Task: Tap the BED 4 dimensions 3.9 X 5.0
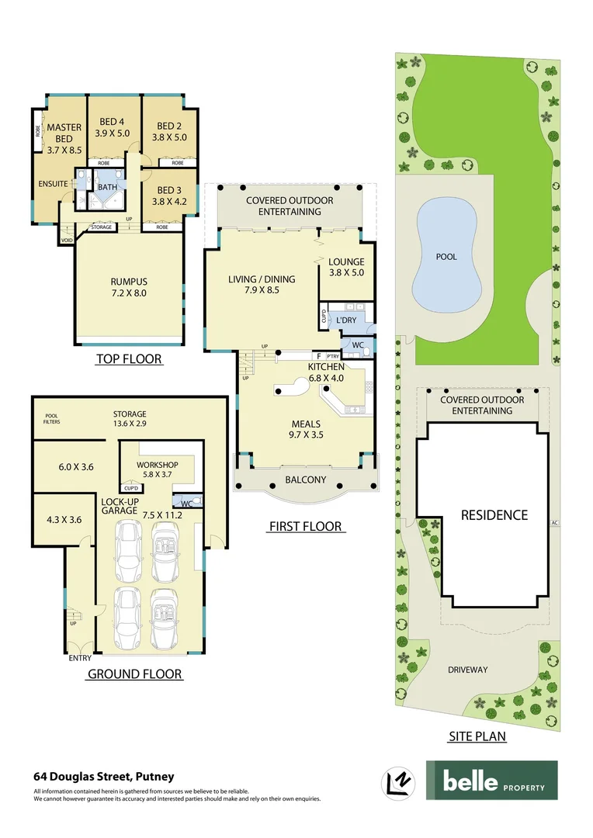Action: point(112,133)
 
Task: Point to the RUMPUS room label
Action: point(129,282)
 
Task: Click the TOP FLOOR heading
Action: point(129,359)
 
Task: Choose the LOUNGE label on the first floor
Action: point(346,262)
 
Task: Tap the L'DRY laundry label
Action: point(346,320)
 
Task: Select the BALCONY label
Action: point(305,480)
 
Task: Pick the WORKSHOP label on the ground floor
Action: point(158,454)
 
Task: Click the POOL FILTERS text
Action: point(52,418)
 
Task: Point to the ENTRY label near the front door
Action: point(80,659)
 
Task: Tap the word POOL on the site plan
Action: point(446,257)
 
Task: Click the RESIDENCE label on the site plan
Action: point(494,514)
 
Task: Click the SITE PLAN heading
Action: point(477,736)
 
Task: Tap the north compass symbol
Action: point(398,781)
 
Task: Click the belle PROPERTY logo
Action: point(491,780)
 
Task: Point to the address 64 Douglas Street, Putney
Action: point(103,776)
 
